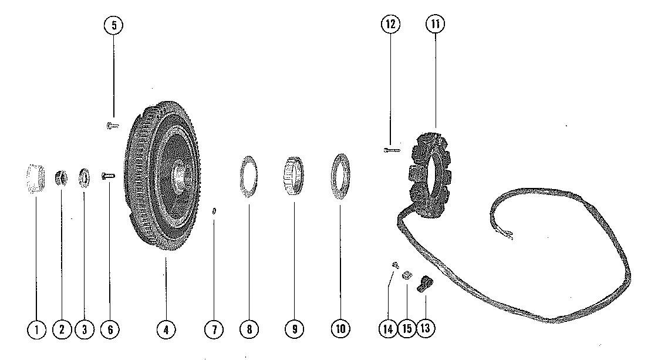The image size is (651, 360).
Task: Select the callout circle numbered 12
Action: point(390,25)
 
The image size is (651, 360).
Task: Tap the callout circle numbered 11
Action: point(435,25)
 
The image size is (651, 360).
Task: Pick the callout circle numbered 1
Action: point(36,329)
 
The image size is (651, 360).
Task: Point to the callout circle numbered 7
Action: point(214,329)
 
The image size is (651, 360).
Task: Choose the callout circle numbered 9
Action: point(294,329)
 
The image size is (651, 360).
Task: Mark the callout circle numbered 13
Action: point(425,328)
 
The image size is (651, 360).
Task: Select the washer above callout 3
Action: point(84,177)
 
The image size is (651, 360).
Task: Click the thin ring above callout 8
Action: point(249,176)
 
